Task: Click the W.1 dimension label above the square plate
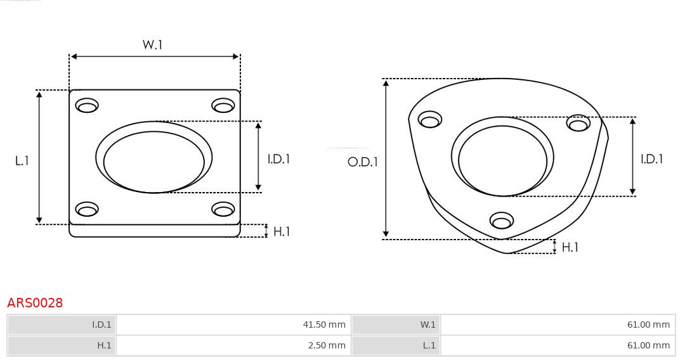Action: [153, 45]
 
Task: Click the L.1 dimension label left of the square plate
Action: [22, 161]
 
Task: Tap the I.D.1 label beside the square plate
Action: [278, 159]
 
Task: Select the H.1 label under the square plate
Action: [281, 232]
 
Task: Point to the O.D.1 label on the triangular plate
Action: [362, 162]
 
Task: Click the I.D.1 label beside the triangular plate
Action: [651, 159]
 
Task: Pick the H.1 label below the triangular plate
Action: [570, 247]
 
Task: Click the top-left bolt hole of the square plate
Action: [87, 105]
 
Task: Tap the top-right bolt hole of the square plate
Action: [223, 105]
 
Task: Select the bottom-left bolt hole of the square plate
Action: [87, 209]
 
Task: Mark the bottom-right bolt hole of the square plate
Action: [223, 209]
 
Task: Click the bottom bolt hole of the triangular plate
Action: [502, 221]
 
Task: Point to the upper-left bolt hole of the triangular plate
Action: [430, 120]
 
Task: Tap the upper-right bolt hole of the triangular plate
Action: [578, 123]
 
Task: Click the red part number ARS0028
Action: [35, 303]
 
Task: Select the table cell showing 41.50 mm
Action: [233, 325]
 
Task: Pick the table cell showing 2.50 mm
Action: [233, 345]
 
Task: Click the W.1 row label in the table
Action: [396, 325]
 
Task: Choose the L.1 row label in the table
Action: [396, 345]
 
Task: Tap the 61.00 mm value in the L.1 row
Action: [558, 345]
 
